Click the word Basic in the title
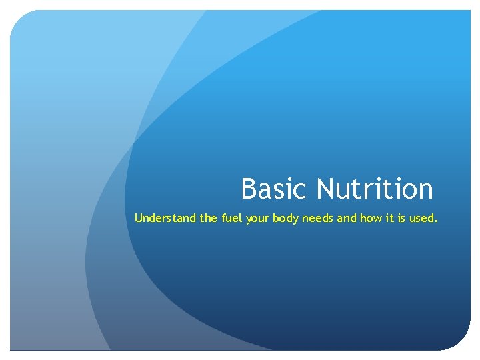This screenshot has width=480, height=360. tap(275, 189)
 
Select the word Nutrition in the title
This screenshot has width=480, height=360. tap(375, 189)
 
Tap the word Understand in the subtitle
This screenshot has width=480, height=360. tap(165, 217)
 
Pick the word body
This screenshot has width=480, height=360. tap(285, 218)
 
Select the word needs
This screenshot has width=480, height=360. tap(317, 217)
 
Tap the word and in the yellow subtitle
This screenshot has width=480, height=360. tap(347, 217)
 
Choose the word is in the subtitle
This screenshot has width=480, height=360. tap(402, 217)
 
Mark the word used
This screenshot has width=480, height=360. tap(423, 217)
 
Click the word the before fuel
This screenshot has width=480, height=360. tap(209, 217)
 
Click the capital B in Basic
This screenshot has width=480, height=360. tap(249, 189)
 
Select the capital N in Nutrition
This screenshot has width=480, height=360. tap(326, 189)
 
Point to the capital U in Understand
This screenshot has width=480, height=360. tap(139, 217)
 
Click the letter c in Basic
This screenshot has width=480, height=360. tap(300, 191)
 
